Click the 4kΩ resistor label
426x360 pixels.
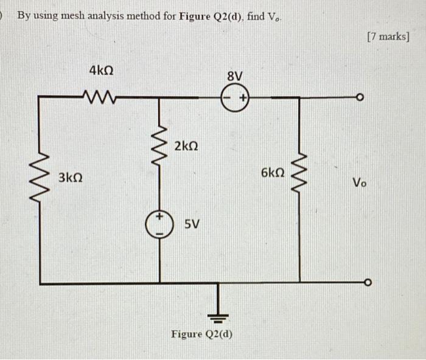point(100,71)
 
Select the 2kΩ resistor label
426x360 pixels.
point(186,147)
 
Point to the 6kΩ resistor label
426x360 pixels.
point(273,173)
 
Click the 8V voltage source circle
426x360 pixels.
point(236,97)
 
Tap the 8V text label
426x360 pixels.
point(234,77)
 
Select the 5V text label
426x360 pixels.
point(191,224)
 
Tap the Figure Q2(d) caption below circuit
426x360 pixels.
point(201,334)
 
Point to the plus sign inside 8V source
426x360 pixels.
point(242,97)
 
